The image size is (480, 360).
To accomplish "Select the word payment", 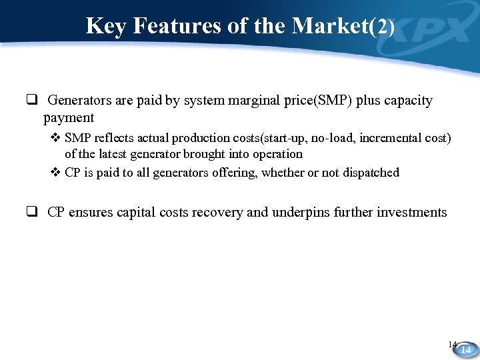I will [x=69, y=118].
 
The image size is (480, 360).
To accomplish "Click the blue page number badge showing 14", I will [x=466, y=349].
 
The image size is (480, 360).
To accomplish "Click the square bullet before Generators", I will [x=31, y=101].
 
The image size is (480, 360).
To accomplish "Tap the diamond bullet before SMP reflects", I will [x=56, y=138].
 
